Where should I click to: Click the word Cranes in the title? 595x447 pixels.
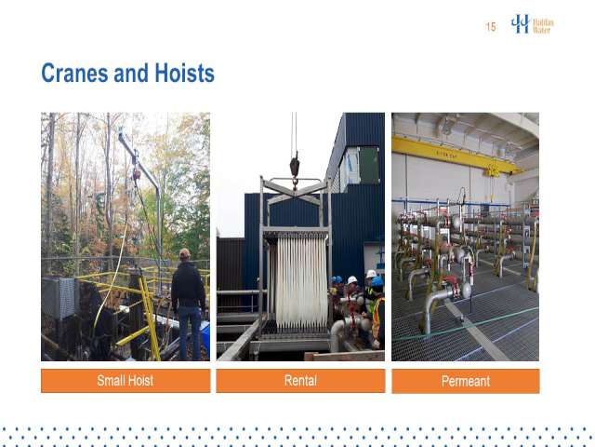click(74, 73)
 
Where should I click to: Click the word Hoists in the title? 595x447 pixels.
click(184, 73)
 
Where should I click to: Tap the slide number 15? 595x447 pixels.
click(491, 27)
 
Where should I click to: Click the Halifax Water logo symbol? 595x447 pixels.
click(520, 23)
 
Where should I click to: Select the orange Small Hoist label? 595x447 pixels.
click(126, 381)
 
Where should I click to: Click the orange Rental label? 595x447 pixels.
click(300, 381)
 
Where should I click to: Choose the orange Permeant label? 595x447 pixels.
click(466, 381)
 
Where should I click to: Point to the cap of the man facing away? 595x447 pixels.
click(185, 252)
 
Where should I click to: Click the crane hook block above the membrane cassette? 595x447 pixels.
click(295, 166)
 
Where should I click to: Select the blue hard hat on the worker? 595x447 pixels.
click(377, 281)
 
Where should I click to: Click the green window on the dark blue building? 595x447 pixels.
click(369, 166)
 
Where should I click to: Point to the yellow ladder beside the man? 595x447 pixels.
click(151, 318)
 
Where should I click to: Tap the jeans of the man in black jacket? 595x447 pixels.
click(190, 333)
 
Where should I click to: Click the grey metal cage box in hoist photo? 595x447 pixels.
click(59, 298)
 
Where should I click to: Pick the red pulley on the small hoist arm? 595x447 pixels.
click(137, 174)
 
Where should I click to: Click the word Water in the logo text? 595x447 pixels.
click(541, 30)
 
